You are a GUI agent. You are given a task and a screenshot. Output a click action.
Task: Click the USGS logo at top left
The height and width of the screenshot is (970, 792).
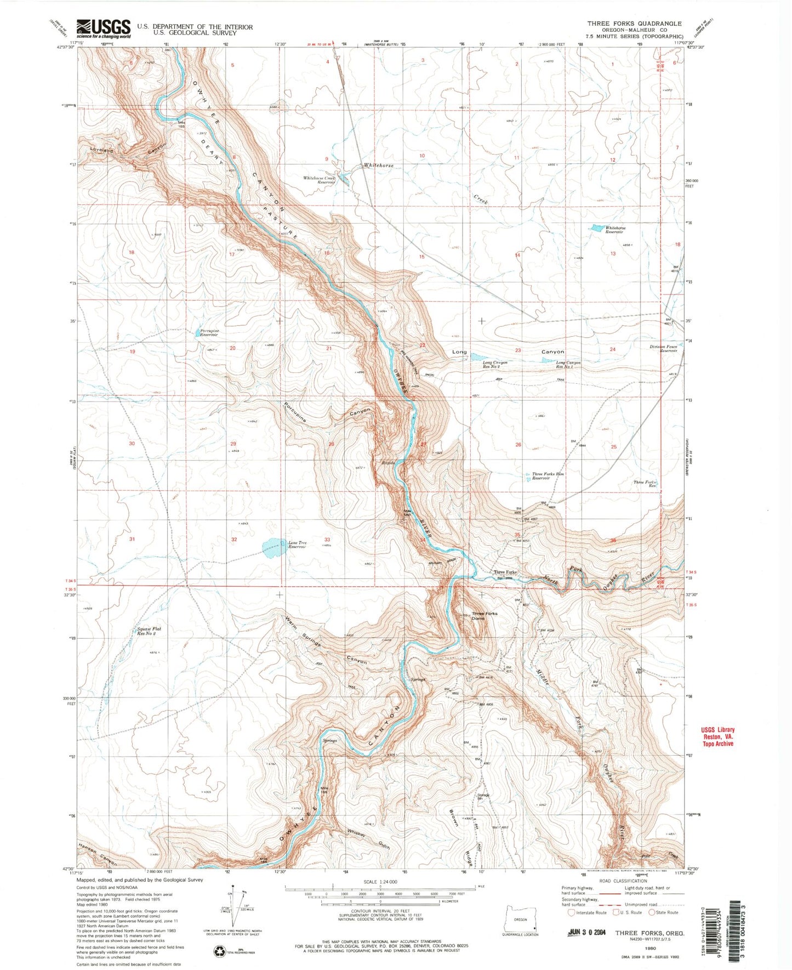(104, 28)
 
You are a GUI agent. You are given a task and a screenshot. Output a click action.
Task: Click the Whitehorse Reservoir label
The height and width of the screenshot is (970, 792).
(615, 230)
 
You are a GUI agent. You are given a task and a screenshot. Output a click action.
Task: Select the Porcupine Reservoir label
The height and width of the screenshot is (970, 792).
(209, 333)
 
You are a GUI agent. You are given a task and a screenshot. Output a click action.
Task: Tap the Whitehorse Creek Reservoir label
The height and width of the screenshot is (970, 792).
(318, 180)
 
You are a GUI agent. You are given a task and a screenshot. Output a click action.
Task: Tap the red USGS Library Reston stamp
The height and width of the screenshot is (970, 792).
(717, 736)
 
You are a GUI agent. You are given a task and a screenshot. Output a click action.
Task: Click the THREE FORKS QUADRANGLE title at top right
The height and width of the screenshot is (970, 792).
(634, 24)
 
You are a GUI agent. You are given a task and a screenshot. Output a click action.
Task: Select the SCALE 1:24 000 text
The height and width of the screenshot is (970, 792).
(380, 882)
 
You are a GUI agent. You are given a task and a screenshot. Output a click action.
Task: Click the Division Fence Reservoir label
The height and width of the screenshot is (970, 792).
(663, 348)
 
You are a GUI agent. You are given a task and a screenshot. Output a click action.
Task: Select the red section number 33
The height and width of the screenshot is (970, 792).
(327, 540)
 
